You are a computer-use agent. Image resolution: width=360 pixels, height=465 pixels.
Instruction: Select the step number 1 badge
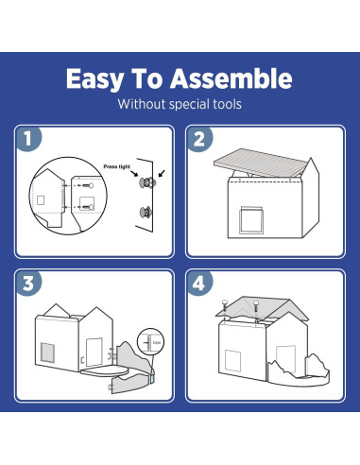pyautogui.click(x=30, y=139)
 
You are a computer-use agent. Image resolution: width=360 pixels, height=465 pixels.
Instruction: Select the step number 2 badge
pyautogui.click(x=199, y=139)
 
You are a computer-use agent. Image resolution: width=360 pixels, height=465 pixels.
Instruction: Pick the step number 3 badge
pyautogui.click(x=30, y=284)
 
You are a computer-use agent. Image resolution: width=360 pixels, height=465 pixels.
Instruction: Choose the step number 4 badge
pyautogui.click(x=199, y=284)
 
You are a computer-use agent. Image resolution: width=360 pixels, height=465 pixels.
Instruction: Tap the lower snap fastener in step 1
pyautogui.click(x=146, y=212)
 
